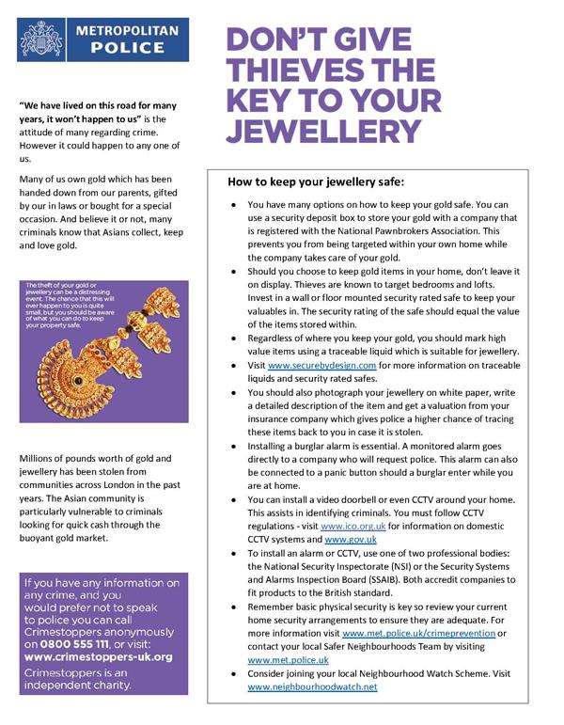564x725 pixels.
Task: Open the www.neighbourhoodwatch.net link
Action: click(x=312, y=687)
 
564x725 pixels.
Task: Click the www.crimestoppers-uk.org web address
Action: click(x=96, y=656)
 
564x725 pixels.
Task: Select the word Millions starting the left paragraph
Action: click(x=40, y=458)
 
